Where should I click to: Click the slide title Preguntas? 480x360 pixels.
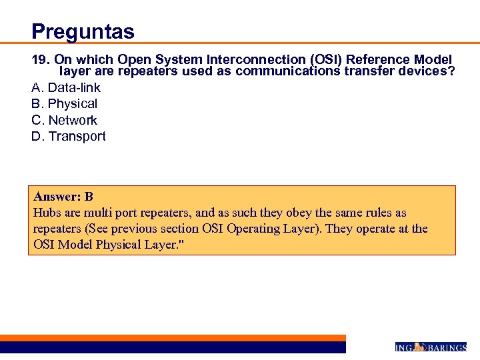[83, 31]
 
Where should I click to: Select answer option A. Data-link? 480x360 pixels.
[66, 87]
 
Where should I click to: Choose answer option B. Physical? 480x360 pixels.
[65, 103]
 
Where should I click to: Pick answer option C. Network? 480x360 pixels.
[65, 120]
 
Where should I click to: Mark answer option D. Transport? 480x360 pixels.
[69, 136]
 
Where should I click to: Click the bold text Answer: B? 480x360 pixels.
[63, 197]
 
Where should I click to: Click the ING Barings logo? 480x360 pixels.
[431, 347]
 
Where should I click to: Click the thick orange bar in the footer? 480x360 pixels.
[173, 338]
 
